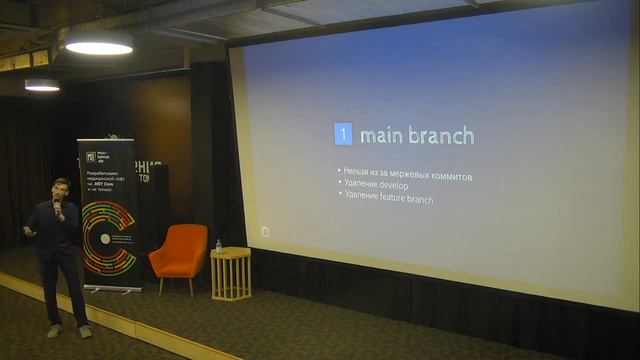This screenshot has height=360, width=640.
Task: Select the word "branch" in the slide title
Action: click(x=441, y=135)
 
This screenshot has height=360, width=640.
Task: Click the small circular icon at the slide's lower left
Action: click(x=265, y=232)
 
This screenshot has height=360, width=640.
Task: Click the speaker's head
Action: click(x=60, y=189)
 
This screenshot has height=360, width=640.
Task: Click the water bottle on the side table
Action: click(x=219, y=245)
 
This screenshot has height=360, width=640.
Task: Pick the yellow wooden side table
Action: click(x=231, y=273)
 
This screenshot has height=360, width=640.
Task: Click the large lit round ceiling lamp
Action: click(x=99, y=45)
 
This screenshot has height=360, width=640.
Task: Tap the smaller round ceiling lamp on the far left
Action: click(x=42, y=86)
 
